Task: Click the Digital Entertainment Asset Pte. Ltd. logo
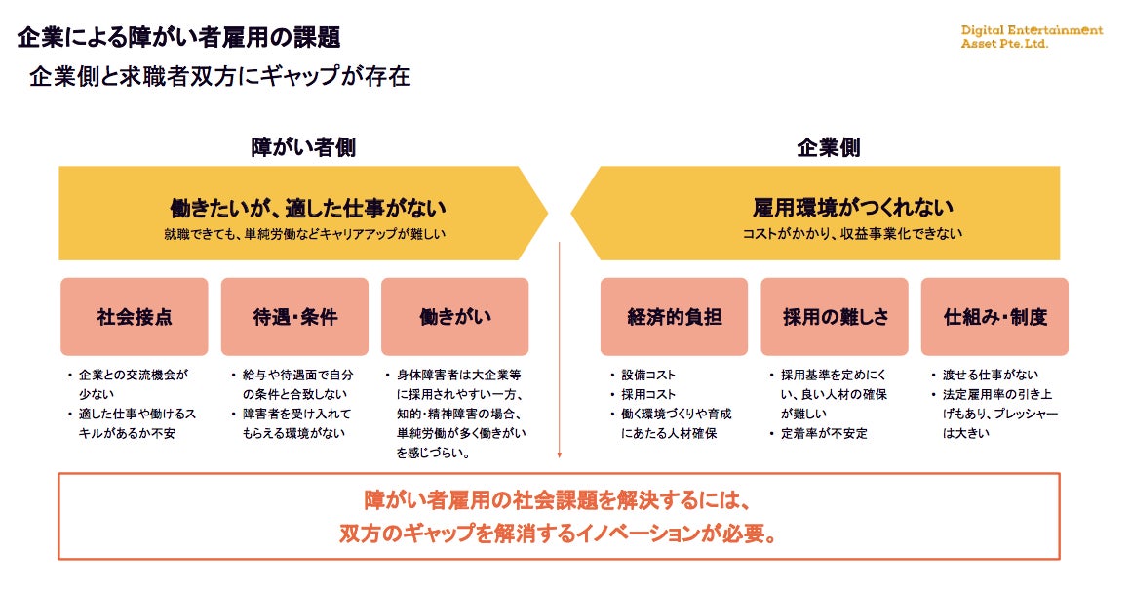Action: click(1032, 36)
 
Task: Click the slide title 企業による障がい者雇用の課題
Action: click(178, 38)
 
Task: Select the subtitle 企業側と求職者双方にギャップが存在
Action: click(219, 77)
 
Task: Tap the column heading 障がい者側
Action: click(303, 147)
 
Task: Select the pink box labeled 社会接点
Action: click(135, 317)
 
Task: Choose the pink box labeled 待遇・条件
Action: click(294, 317)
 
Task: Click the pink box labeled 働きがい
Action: click(454, 317)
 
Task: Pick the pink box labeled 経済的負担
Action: click(674, 317)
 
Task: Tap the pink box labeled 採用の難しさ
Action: click(835, 317)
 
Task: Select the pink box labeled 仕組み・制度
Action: click(994, 317)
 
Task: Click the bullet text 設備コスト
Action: click(648, 375)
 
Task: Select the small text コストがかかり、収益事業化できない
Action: click(852, 233)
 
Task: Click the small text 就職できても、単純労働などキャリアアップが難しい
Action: click(307, 234)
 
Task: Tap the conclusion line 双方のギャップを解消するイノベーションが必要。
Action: click(559, 534)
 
